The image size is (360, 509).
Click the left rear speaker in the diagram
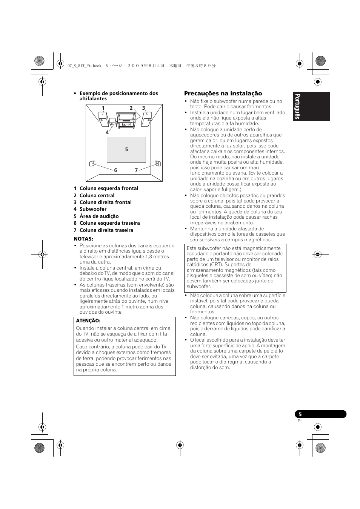pos(92,164)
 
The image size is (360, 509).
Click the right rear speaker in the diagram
pos(157,164)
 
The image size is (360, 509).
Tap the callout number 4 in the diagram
pos(107,132)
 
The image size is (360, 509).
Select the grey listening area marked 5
pos(126,150)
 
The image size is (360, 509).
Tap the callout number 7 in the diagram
pos(136,170)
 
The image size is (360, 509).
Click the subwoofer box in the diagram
pos(112,123)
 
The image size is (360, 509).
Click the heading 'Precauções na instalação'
pos(223,94)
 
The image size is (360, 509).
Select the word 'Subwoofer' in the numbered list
pos(93,209)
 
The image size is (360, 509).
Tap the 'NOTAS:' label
pos(83,239)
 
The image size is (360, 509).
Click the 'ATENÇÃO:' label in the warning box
pos(88,320)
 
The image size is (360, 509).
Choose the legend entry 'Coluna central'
pos(97,195)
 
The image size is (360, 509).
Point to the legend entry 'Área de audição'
pos(99,216)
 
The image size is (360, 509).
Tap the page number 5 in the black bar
pos(300,414)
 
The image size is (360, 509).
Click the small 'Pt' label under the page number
pos(300,421)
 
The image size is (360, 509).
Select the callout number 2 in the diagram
pos(131,108)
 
